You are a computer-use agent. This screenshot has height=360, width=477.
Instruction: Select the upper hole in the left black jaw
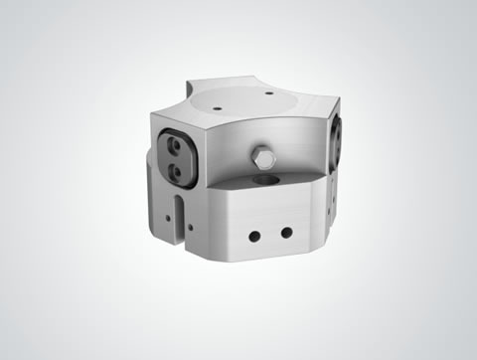pos(177,146)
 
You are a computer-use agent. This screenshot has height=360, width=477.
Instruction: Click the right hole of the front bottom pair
pos(286,233)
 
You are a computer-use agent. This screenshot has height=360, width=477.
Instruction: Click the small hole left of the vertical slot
pos(164,212)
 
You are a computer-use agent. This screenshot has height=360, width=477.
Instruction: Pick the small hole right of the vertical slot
pos(190,228)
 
